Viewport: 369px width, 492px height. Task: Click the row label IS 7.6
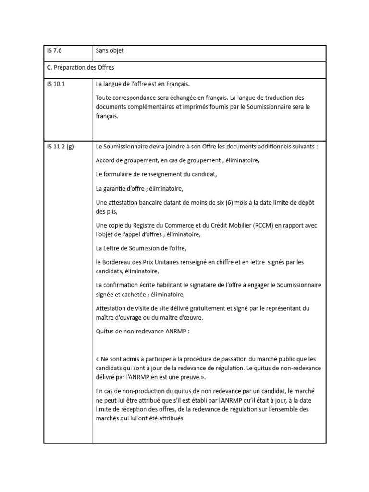click(x=54, y=50)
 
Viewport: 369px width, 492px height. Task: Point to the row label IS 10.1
click(x=56, y=84)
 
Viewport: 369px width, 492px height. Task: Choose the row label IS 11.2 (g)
click(x=61, y=147)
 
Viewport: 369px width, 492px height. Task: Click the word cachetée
click(x=134, y=294)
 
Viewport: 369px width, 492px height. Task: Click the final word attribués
click(x=169, y=418)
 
